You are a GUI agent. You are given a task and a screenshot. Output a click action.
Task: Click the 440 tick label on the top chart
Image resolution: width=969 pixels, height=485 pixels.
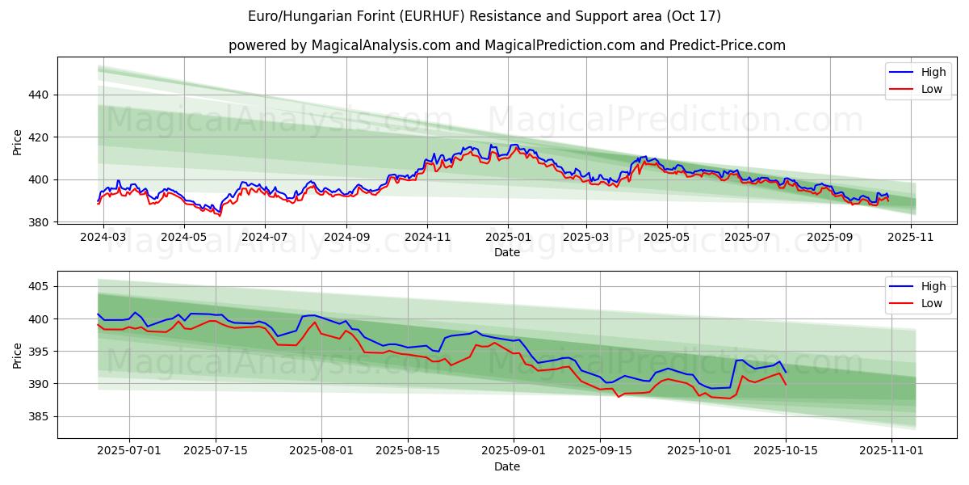[x=39, y=95]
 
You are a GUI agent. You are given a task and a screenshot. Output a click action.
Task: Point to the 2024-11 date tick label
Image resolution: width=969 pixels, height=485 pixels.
[x=427, y=238]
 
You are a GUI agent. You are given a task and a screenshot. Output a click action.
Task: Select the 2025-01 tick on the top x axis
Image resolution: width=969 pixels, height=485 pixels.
[x=507, y=238]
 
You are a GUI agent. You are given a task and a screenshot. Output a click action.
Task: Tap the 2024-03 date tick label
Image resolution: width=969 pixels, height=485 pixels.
[x=104, y=238]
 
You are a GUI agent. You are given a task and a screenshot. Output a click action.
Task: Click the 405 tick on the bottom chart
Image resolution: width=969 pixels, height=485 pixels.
[x=39, y=287]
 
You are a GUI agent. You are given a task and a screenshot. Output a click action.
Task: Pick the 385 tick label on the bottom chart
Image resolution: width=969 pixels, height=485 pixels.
[x=39, y=417]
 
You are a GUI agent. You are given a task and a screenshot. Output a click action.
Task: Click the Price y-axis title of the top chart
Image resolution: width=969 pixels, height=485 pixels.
[x=18, y=142]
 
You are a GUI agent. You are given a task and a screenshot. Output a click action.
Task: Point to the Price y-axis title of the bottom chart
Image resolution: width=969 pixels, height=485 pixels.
[x=18, y=355]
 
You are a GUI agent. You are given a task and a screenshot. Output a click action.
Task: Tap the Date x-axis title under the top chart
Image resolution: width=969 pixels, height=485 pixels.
[x=507, y=252]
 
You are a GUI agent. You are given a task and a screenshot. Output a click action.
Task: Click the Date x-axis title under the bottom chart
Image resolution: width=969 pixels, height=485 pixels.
[x=507, y=466]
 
